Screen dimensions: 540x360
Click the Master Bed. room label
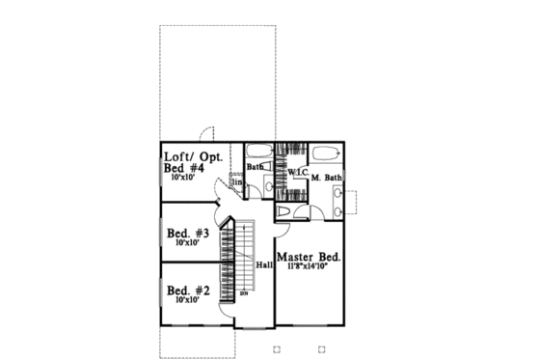coord(310,258)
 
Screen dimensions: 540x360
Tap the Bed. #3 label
coord(188,233)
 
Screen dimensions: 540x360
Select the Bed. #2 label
coord(188,290)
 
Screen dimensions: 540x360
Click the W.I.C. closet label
coord(297,171)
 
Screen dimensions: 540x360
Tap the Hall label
coord(263,263)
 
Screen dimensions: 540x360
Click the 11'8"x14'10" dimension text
coord(310,269)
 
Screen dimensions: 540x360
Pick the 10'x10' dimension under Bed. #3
coord(189,244)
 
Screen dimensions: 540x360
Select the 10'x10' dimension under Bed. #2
coord(189,300)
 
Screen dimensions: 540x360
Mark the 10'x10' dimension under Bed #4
coord(186,179)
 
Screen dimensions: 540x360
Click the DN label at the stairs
coord(244,292)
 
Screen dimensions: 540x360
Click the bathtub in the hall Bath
coord(259,152)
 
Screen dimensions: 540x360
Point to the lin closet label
coord(236,180)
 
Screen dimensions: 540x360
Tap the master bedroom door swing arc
coord(286,227)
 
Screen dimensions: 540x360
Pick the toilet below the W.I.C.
coord(285,212)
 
